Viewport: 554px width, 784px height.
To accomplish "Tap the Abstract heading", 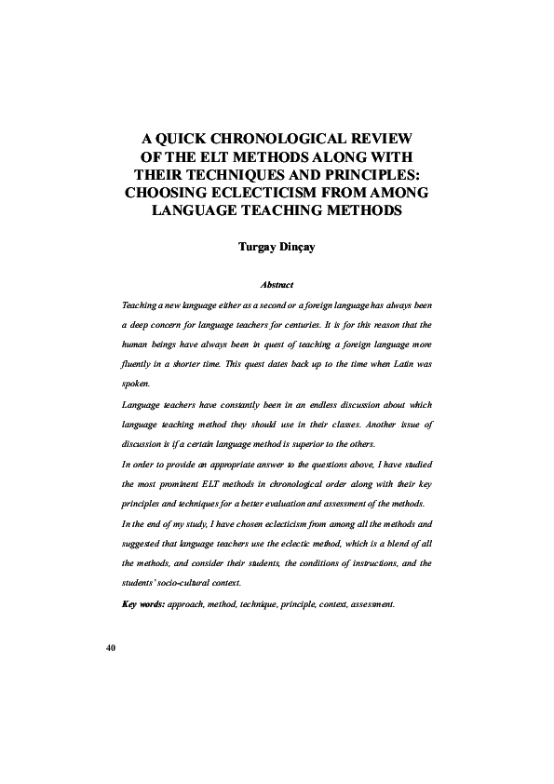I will click(277, 285).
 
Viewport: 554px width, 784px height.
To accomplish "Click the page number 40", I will click(110, 647).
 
